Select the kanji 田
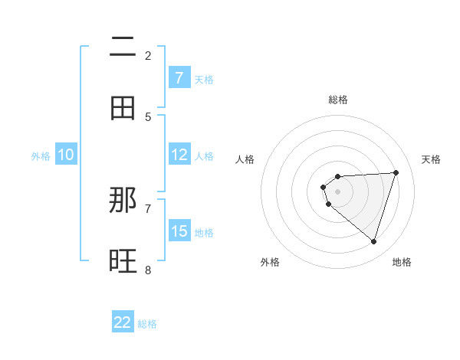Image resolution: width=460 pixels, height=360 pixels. tap(123, 108)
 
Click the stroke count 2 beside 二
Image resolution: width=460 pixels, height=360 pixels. tap(148, 55)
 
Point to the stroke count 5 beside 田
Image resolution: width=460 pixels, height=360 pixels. tap(148, 116)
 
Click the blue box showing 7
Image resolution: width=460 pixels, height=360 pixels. tap(179, 77)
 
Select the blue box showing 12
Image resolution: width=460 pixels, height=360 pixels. tap(179, 155)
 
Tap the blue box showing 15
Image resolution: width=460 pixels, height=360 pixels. tap(179, 231)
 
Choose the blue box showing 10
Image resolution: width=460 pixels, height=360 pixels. tap(66, 155)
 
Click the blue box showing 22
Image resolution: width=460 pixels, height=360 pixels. tap(123, 322)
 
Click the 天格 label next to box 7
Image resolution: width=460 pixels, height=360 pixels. tap(204, 79)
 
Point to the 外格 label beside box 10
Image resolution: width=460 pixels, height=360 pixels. tap(41, 156)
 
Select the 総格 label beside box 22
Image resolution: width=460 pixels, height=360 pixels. tap(147, 324)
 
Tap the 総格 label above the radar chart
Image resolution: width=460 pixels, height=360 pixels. tap(338, 100)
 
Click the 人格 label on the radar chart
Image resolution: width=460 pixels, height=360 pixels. tap(245, 159)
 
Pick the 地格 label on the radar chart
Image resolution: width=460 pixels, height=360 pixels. tap(402, 262)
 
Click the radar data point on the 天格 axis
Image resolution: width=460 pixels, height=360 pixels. tap(396, 172)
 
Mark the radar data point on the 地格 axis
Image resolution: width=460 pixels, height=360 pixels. tap(373, 242)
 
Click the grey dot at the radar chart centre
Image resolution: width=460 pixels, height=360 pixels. tap(337, 191)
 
